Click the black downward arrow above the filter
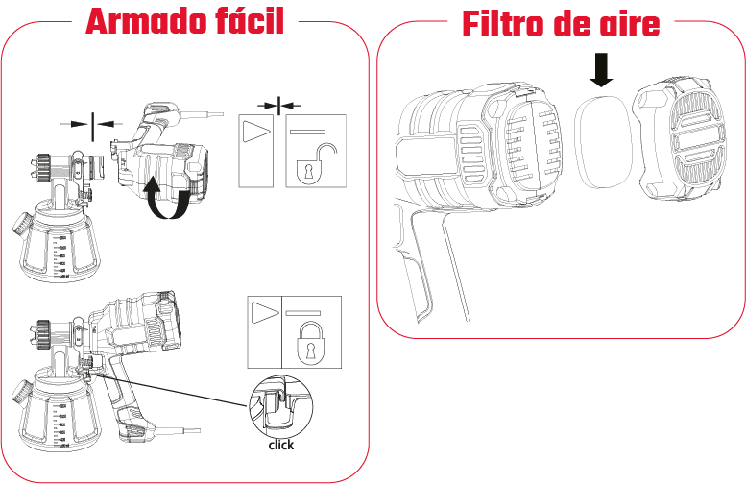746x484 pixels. coord(601,70)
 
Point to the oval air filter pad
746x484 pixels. coord(603,140)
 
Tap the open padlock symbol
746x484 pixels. coord(316,163)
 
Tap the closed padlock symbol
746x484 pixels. coord(312,343)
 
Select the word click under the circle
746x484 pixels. coord(280,445)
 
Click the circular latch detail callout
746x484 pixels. coord(280,407)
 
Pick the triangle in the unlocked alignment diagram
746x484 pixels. coord(256,132)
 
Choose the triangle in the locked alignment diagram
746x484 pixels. coord(266,313)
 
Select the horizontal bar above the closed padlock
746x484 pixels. coord(302,313)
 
